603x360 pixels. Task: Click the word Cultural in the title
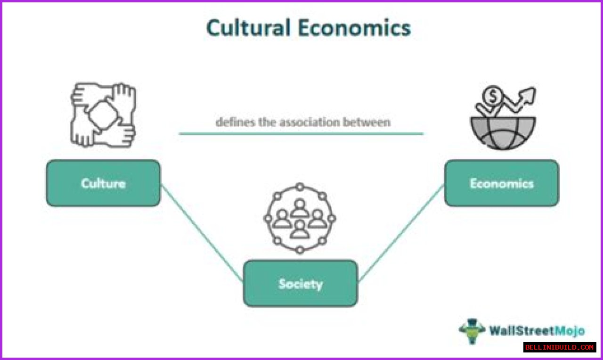point(248,28)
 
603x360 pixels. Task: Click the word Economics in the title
point(354,28)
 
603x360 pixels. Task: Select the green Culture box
point(103,183)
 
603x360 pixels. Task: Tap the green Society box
point(301,283)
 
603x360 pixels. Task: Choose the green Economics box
point(502,183)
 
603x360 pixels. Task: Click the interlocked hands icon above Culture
point(103,115)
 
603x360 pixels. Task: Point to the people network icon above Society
point(300,218)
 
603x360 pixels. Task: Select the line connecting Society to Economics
point(401,233)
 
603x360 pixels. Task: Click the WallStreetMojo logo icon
point(472,331)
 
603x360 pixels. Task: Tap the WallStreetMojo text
point(537,331)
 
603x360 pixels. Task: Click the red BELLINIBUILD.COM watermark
point(560,347)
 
